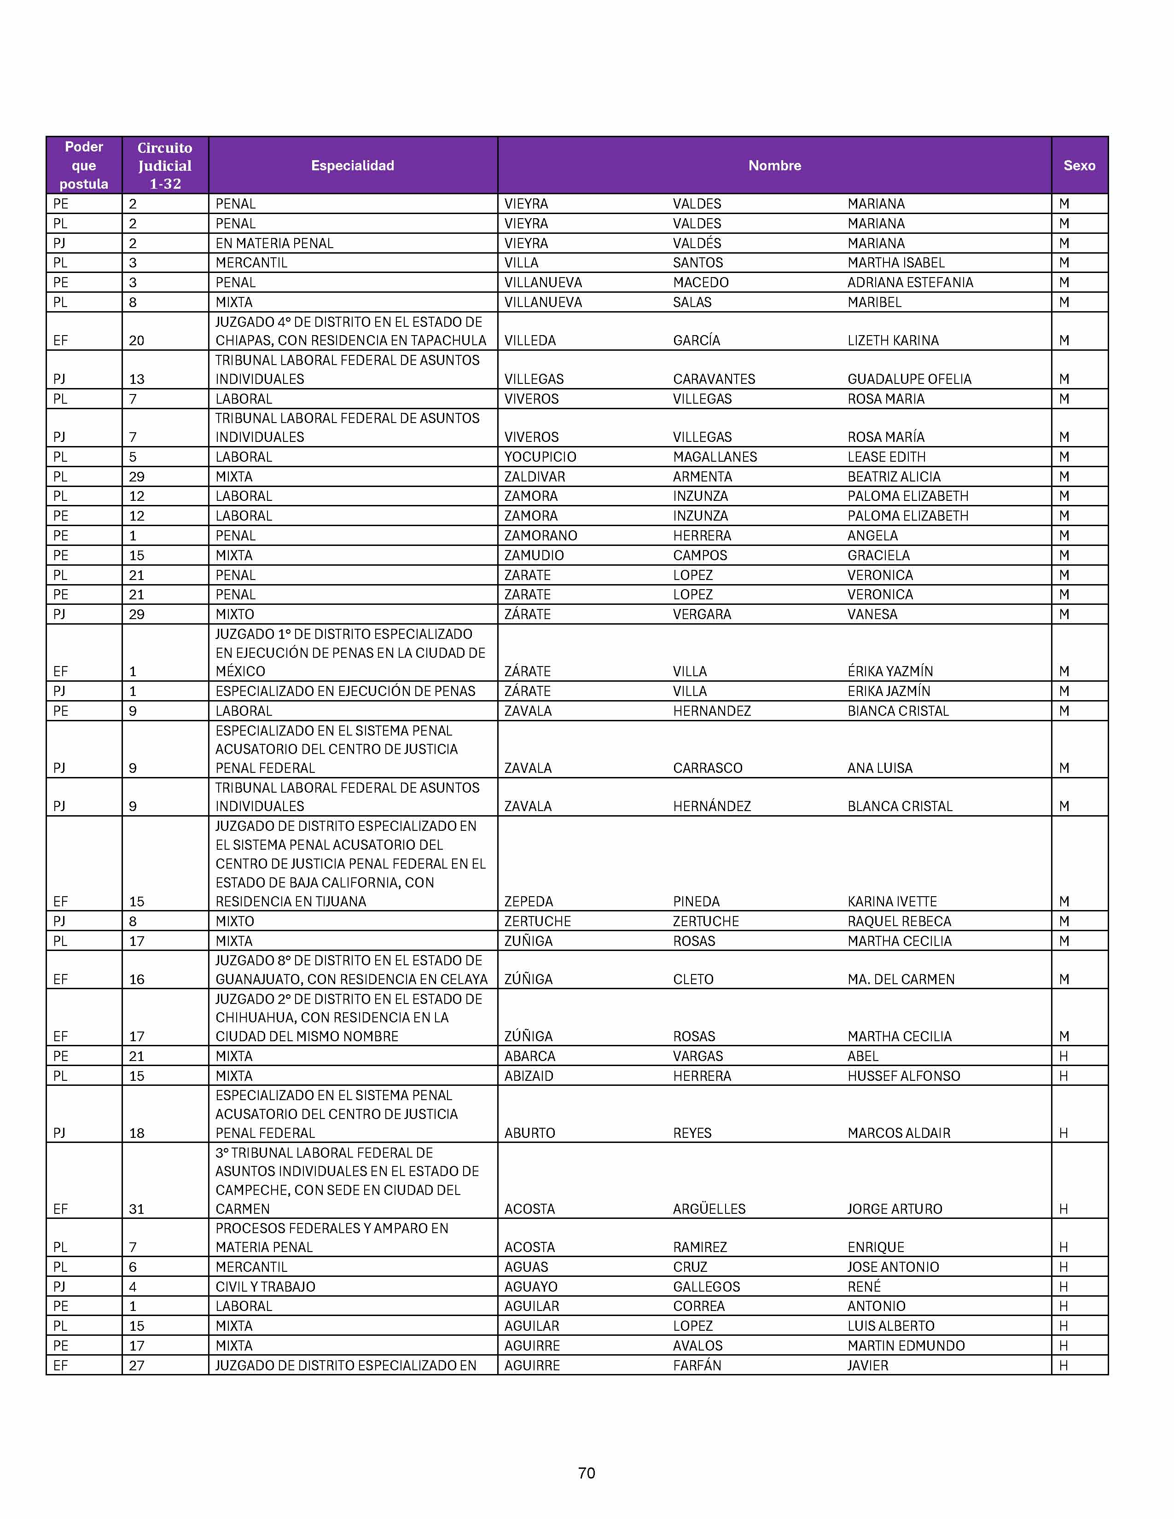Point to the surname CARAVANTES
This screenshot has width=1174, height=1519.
[x=714, y=379]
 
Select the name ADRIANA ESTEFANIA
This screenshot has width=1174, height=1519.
[x=910, y=282]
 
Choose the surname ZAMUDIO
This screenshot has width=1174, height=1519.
[x=534, y=556]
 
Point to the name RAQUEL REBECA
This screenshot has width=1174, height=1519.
[x=899, y=922]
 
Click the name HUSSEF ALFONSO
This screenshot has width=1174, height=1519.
[x=903, y=1076]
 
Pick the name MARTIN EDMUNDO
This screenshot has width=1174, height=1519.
[x=906, y=1346]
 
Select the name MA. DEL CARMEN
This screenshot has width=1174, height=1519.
[x=901, y=979]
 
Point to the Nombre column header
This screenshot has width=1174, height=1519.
[x=774, y=166]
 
